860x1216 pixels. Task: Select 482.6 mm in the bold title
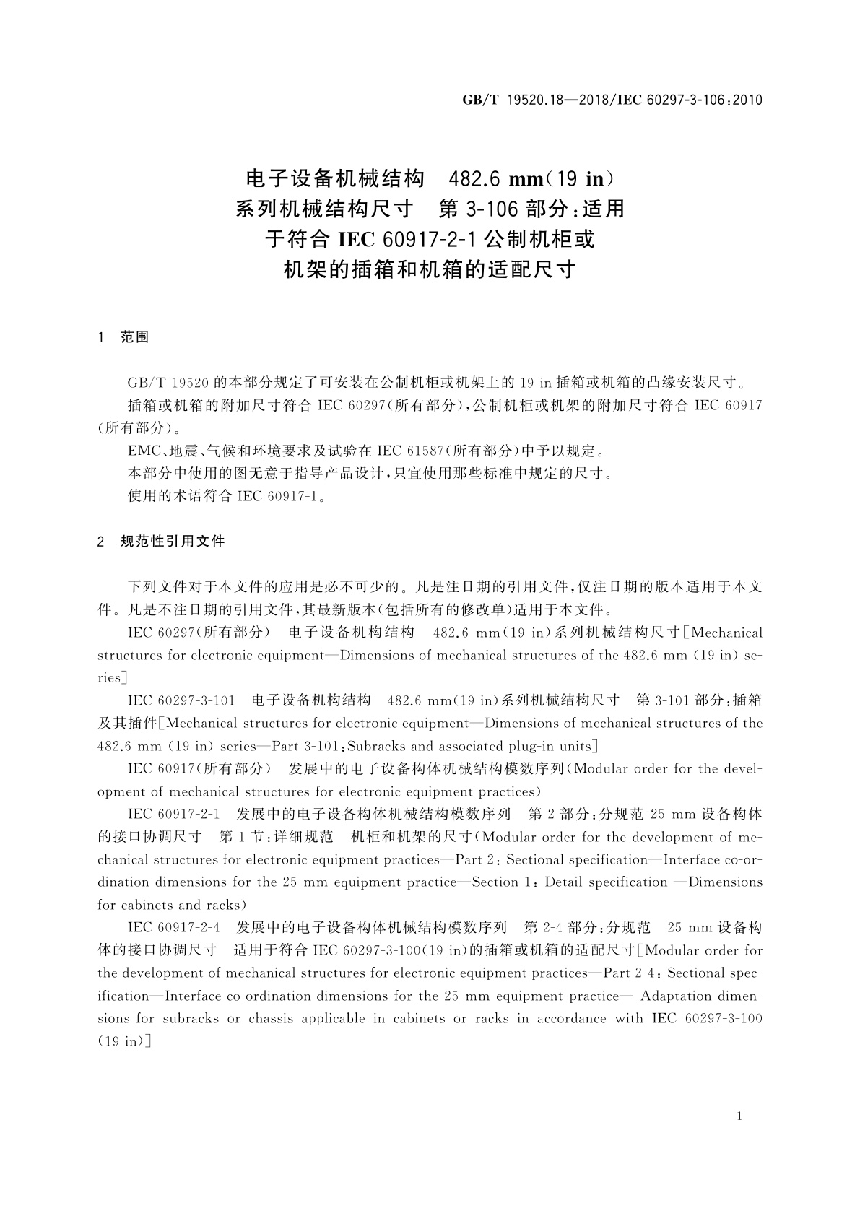click(490, 178)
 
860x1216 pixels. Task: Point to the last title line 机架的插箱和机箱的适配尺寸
click(430, 270)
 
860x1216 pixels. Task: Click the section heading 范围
click(135, 336)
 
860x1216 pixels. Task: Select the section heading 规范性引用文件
click(173, 541)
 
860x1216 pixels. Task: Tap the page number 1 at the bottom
click(739, 1116)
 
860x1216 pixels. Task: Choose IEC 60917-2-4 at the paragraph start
click(173, 928)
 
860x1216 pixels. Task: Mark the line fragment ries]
click(113, 678)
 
